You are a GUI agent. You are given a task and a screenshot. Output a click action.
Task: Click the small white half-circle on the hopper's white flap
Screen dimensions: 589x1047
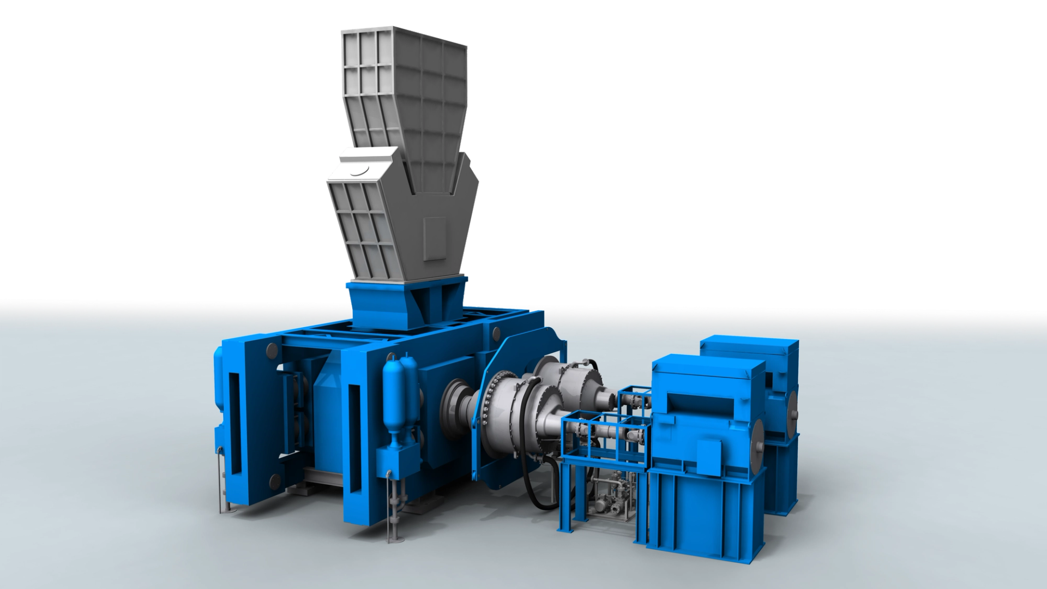pos(358,172)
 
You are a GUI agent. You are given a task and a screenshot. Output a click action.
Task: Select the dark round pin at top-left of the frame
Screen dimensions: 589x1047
pos(271,349)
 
